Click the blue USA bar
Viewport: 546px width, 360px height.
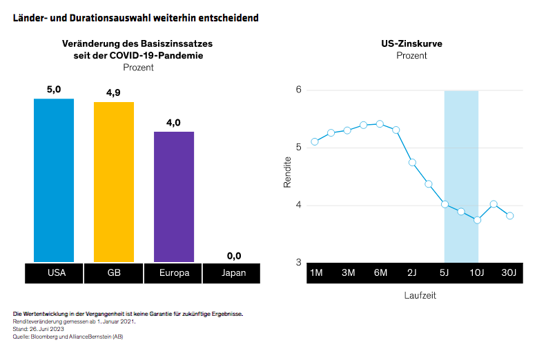click(x=54, y=180)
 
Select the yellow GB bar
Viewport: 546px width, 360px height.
click(x=114, y=182)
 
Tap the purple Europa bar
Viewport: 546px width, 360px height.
click(x=174, y=197)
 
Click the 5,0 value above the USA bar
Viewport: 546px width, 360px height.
click(x=54, y=90)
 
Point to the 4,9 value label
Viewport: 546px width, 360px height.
click(x=114, y=92)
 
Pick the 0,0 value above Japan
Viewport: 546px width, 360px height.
click(x=234, y=256)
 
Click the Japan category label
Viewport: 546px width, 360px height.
click(x=234, y=273)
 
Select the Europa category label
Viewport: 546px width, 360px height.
click(x=174, y=273)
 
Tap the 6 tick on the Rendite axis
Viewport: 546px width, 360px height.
click(x=298, y=90)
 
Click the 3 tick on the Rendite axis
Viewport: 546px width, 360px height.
click(x=298, y=262)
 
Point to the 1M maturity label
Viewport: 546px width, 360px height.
click(x=316, y=273)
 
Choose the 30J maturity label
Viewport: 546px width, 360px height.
click(x=509, y=273)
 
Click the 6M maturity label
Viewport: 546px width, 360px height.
click(x=380, y=273)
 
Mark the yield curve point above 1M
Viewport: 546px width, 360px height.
click(x=315, y=141)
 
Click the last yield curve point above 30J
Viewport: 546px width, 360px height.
click(x=510, y=215)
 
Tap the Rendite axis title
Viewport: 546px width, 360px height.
click(x=288, y=173)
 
